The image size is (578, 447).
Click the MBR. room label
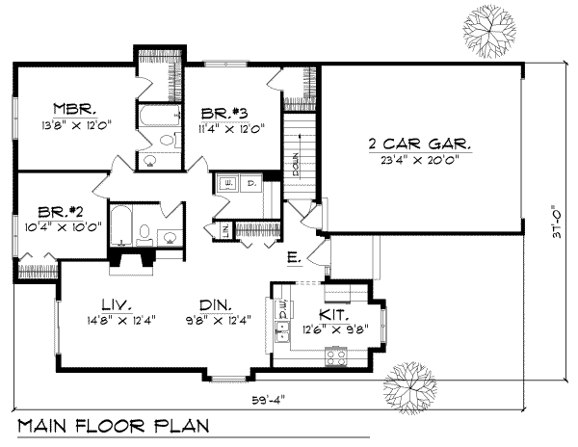[x=72, y=108]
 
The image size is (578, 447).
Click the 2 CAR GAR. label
[x=419, y=144]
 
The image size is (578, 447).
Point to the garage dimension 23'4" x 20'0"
[x=419, y=160]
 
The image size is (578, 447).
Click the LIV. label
[x=109, y=301]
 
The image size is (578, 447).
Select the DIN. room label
[x=209, y=301]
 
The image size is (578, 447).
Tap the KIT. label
[x=333, y=314]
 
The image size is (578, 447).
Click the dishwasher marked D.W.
[x=284, y=306]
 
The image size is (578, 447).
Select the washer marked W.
[x=229, y=181]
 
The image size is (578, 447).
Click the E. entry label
[x=292, y=257]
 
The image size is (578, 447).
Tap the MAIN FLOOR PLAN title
[x=114, y=427]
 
